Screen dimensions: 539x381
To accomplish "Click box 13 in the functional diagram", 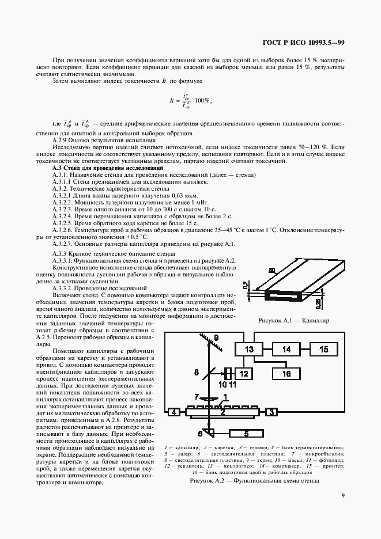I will [x=249, y=350].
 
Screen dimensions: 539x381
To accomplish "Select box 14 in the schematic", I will [x=286, y=350].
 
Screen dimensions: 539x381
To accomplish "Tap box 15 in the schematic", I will [x=324, y=350].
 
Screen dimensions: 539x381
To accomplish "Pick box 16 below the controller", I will [x=286, y=373].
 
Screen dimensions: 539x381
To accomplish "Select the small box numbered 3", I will [x=271, y=412].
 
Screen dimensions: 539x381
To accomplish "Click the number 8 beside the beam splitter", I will [x=197, y=373].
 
